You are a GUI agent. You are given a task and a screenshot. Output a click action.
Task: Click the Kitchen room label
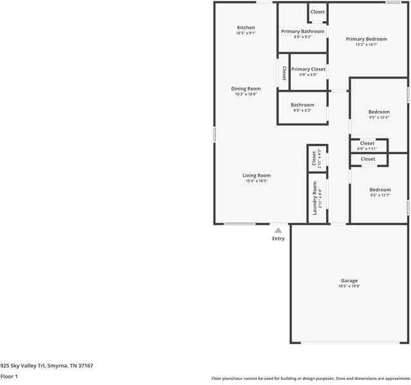(x=246, y=28)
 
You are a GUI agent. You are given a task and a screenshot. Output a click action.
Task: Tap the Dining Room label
(x=246, y=89)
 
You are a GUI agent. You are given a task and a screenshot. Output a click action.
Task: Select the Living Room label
(x=256, y=175)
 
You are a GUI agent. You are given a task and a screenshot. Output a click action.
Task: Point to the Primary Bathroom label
(x=302, y=31)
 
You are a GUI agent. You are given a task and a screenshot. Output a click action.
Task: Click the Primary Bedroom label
(x=366, y=39)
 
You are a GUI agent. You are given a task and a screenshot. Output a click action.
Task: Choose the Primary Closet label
(x=308, y=69)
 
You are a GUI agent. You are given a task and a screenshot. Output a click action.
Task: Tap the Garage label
(x=349, y=281)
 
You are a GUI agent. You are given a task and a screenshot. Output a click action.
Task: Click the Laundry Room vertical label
(x=315, y=197)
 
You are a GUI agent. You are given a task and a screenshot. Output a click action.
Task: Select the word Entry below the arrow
(x=278, y=239)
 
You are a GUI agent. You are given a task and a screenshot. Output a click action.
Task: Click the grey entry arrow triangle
(x=278, y=229)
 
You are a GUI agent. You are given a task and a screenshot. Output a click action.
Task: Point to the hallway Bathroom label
(x=302, y=105)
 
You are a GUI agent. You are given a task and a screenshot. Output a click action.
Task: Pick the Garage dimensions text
(x=349, y=287)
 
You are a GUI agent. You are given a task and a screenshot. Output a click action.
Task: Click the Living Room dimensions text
(x=256, y=181)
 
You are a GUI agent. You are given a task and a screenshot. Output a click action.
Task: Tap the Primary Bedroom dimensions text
(x=366, y=44)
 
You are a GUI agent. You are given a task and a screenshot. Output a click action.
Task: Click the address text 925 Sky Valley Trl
(x=46, y=366)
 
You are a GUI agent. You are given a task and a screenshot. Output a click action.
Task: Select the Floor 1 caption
(x=9, y=377)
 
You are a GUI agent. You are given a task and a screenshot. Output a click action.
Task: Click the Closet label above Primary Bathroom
(x=318, y=12)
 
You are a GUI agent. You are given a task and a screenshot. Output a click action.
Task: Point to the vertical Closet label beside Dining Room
(x=284, y=73)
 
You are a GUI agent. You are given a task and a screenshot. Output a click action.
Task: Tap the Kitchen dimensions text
(x=246, y=33)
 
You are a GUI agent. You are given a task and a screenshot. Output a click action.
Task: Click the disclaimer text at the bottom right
(x=311, y=379)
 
